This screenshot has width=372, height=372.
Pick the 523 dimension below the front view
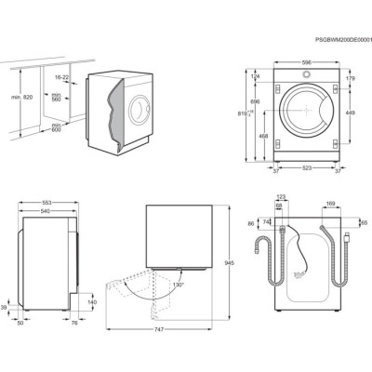pyautogui.click(x=306, y=168)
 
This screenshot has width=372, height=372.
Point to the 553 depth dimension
pyautogui.click(x=46, y=203)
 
